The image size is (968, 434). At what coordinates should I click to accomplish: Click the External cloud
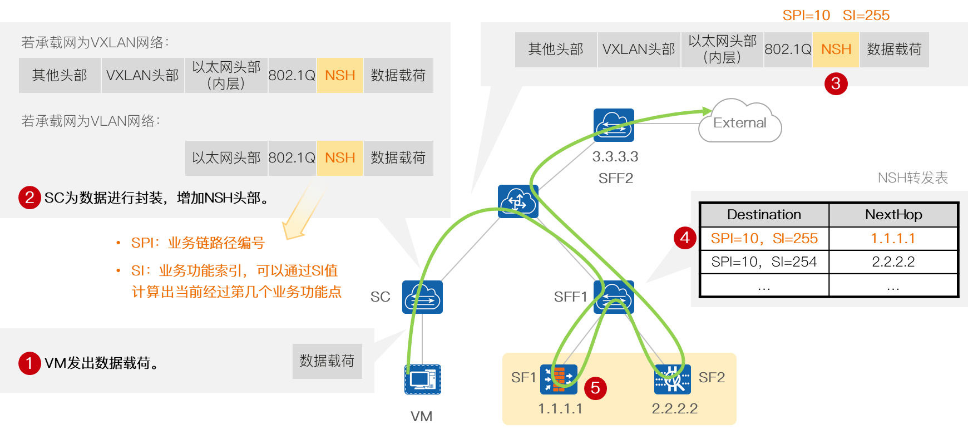click(x=739, y=122)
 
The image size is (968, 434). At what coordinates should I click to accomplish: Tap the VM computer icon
click(x=422, y=379)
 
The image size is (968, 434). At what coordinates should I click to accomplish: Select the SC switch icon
click(x=422, y=297)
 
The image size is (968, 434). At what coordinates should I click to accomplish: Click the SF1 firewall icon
click(x=558, y=379)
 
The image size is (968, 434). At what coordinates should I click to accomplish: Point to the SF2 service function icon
click(x=672, y=379)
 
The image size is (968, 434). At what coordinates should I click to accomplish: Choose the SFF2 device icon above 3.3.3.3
click(x=614, y=125)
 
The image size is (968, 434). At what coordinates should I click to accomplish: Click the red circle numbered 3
click(x=836, y=84)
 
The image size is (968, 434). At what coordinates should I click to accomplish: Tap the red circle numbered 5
click(x=595, y=388)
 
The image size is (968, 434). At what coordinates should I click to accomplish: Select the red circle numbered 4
click(x=685, y=238)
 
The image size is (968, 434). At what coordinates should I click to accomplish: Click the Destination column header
click(x=764, y=215)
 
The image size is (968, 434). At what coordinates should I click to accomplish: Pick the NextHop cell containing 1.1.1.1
click(x=892, y=239)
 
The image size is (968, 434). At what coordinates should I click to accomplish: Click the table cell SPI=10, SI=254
click(x=764, y=262)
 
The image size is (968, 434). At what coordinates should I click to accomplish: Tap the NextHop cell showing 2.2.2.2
click(x=892, y=262)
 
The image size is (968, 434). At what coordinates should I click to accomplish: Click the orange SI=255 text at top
click(x=866, y=15)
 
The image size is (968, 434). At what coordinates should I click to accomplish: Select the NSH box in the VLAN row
click(x=340, y=158)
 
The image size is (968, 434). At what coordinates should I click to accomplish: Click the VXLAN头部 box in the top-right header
click(x=639, y=50)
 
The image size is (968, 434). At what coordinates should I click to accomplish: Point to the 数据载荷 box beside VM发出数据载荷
click(x=327, y=361)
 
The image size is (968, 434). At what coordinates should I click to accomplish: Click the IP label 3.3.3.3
click(x=615, y=157)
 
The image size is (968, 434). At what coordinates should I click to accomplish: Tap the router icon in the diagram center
click(x=517, y=201)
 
